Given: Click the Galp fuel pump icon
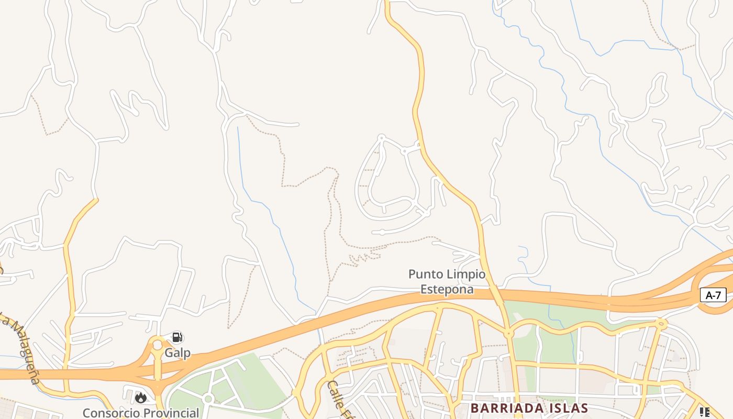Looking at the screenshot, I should click(177, 337).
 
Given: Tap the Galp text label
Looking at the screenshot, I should click(177, 352).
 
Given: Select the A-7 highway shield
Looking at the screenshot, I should click(713, 295).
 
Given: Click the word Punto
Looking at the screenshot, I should click(427, 274).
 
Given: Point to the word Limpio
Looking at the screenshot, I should click(467, 274).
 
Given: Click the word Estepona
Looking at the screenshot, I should click(447, 289).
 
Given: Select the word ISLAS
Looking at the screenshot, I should click(566, 408).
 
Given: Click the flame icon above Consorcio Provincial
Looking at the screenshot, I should click(140, 398).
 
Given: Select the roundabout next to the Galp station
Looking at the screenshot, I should click(157, 345).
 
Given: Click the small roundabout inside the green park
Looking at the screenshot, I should click(208, 399).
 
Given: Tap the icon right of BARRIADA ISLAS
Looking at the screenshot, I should click(704, 412).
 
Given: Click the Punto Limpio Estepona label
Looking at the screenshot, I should click(447, 281).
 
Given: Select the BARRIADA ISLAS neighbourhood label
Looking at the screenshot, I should click(529, 408).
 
